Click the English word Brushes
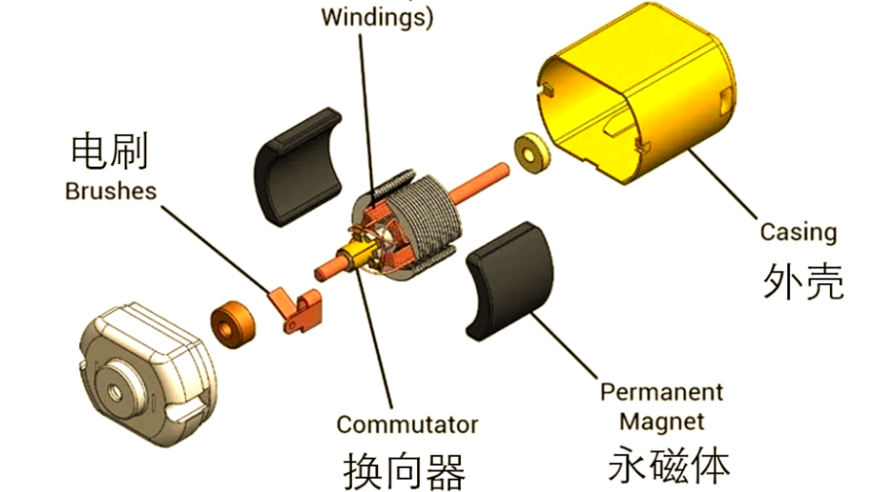tap(111, 191)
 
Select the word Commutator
tap(407, 425)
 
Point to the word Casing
tap(798, 232)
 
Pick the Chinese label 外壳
tap(803, 279)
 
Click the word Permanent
tap(661, 391)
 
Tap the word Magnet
tap(661, 421)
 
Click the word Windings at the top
tap(377, 18)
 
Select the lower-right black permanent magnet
tap(509, 280)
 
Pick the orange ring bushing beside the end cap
tap(232, 322)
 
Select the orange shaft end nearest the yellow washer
tap(498, 173)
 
